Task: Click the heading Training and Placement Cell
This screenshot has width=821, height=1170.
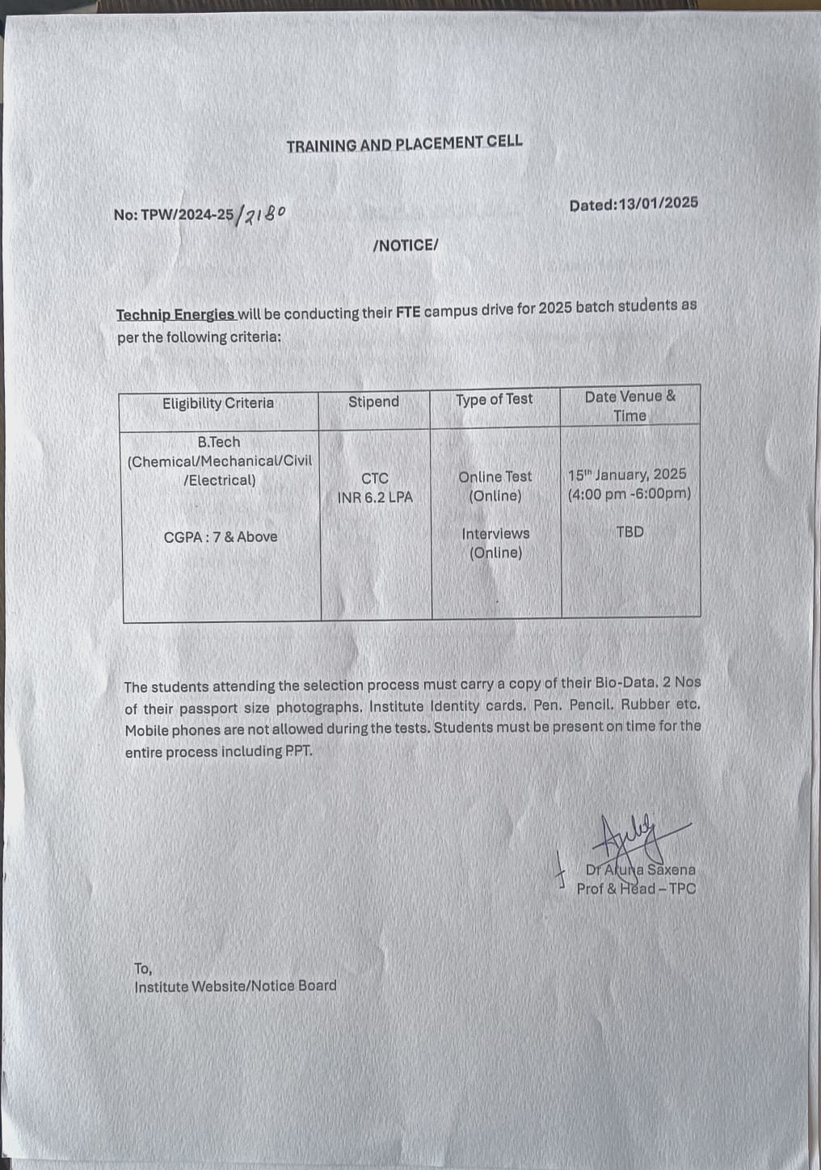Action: (x=404, y=144)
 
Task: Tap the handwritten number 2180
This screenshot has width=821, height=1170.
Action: (x=262, y=215)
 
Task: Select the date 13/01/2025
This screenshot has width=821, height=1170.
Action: (x=658, y=204)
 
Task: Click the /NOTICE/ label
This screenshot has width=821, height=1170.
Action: (x=405, y=246)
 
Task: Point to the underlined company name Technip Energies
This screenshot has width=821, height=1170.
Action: (x=175, y=314)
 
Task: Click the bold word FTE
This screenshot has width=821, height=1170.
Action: (x=408, y=311)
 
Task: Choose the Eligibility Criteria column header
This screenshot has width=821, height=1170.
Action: (x=218, y=403)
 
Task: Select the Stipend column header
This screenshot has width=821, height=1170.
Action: (x=373, y=402)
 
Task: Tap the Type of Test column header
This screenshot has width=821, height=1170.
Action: (x=494, y=399)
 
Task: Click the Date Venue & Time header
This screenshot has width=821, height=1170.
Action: (x=629, y=406)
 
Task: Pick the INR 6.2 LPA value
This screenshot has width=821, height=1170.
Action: (x=375, y=498)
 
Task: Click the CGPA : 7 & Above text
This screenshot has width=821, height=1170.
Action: (x=220, y=537)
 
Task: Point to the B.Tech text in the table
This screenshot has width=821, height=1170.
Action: (x=218, y=442)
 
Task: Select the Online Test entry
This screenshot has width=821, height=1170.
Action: (x=495, y=477)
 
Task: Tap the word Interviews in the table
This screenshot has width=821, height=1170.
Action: (x=495, y=533)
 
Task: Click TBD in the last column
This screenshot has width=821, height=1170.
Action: (x=629, y=532)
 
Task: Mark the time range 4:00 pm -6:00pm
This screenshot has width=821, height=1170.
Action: (x=629, y=494)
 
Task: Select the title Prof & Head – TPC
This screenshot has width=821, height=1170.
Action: (x=636, y=889)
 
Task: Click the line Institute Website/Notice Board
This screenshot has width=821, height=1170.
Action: (x=235, y=986)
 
